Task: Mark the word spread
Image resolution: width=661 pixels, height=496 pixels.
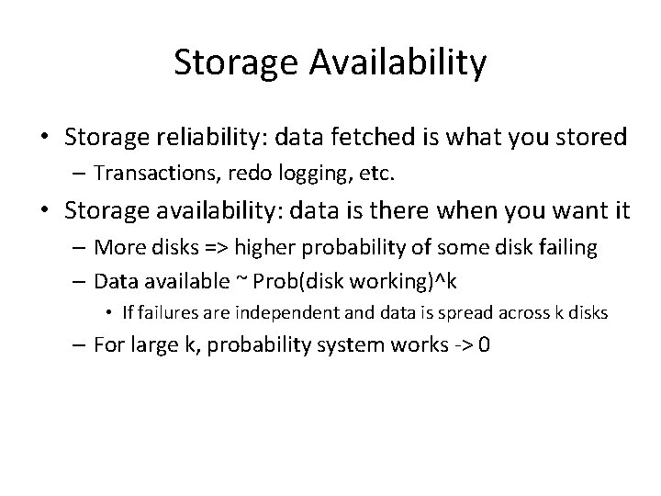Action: coord(450,312)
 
